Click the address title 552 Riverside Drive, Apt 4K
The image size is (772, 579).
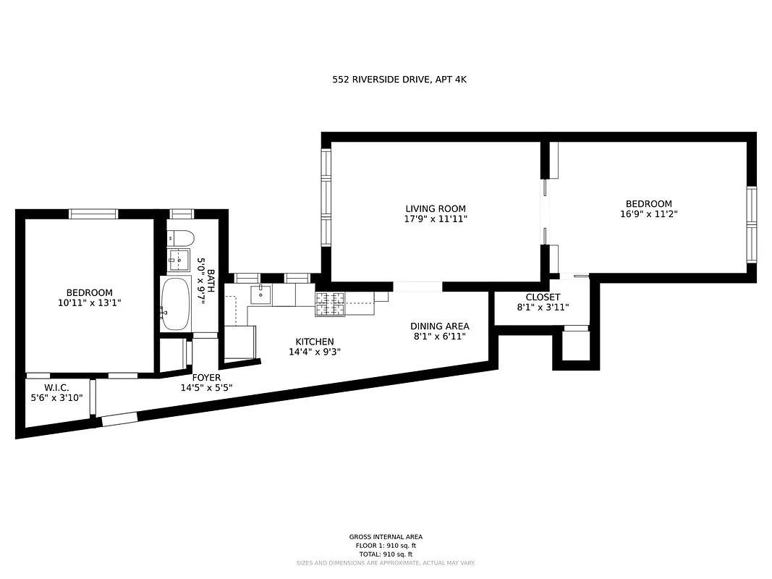click(x=399, y=80)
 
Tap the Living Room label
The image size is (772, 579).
click(x=435, y=208)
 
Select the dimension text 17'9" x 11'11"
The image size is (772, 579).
click(x=435, y=219)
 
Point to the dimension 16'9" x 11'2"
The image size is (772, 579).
click(x=648, y=214)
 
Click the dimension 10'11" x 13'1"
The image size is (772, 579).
click(x=89, y=303)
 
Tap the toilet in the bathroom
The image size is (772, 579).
click(x=180, y=238)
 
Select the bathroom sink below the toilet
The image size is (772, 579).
click(x=178, y=258)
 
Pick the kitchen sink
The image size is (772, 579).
click(x=260, y=294)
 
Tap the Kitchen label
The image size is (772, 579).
click(x=314, y=342)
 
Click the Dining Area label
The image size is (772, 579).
click(x=439, y=326)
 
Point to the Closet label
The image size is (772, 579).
click(x=543, y=297)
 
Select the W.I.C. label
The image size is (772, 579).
click(x=56, y=388)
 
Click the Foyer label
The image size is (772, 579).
click(x=206, y=377)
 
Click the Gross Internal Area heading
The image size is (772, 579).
click(x=386, y=537)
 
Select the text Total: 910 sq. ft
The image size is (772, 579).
click(x=386, y=554)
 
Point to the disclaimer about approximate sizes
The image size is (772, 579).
click(x=386, y=563)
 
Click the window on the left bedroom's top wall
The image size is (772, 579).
click(x=93, y=214)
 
